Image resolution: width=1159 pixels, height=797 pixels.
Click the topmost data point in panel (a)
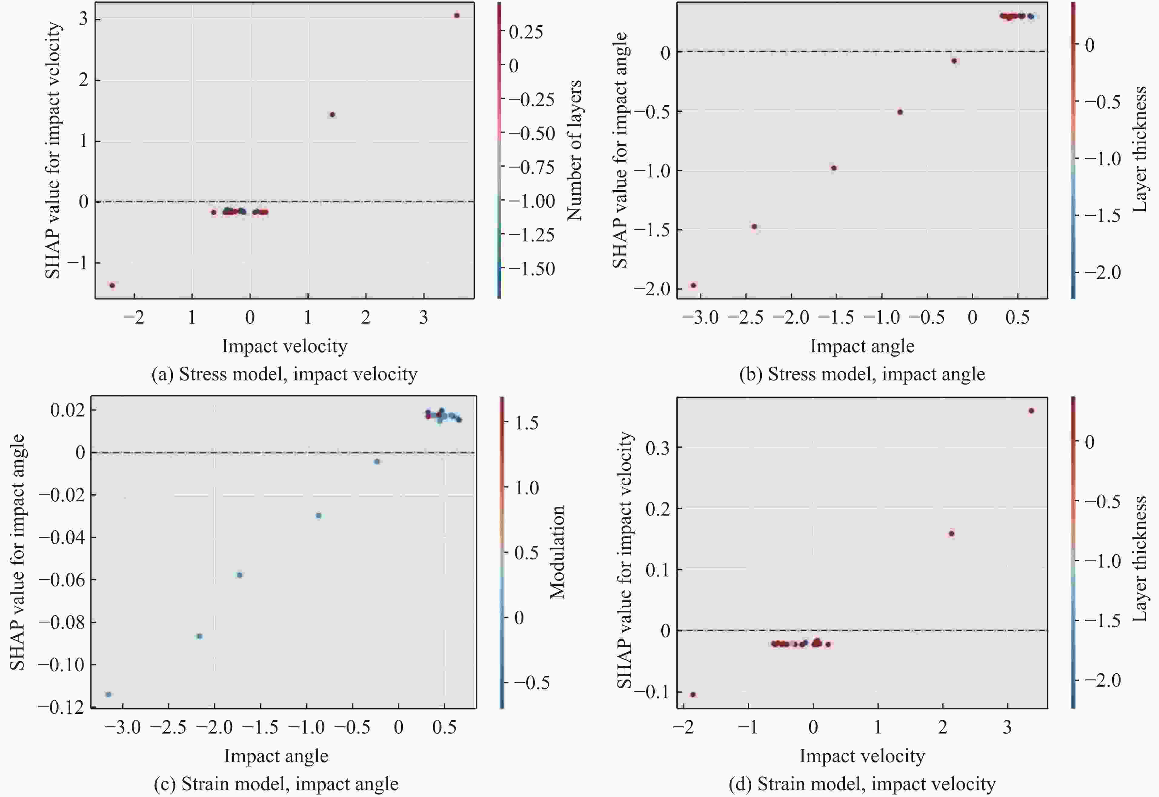tap(457, 15)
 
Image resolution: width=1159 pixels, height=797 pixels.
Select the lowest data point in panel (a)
tap(112, 286)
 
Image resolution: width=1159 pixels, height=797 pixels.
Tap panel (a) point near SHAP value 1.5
tap(332, 115)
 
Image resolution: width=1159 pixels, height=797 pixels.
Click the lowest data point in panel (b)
tap(693, 286)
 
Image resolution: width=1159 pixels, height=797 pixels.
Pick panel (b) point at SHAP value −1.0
tap(833, 168)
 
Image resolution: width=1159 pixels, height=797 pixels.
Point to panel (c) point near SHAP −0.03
tap(319, 515)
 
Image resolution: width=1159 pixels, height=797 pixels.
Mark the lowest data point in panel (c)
tap(108, 694)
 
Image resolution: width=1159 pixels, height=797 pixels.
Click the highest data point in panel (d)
tap(1031, 411)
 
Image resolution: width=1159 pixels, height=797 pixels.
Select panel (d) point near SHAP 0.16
tap(951, 534)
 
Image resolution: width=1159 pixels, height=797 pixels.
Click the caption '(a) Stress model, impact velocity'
tap(284, 374)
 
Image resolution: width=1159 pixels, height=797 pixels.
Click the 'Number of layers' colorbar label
tap(575, 150)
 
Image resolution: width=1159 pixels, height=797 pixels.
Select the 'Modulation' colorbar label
tap(557, 552)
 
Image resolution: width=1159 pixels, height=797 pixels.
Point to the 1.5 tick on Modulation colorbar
tap(527, 423)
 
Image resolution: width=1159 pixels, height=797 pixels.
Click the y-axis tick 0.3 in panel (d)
tap(658, 448)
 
